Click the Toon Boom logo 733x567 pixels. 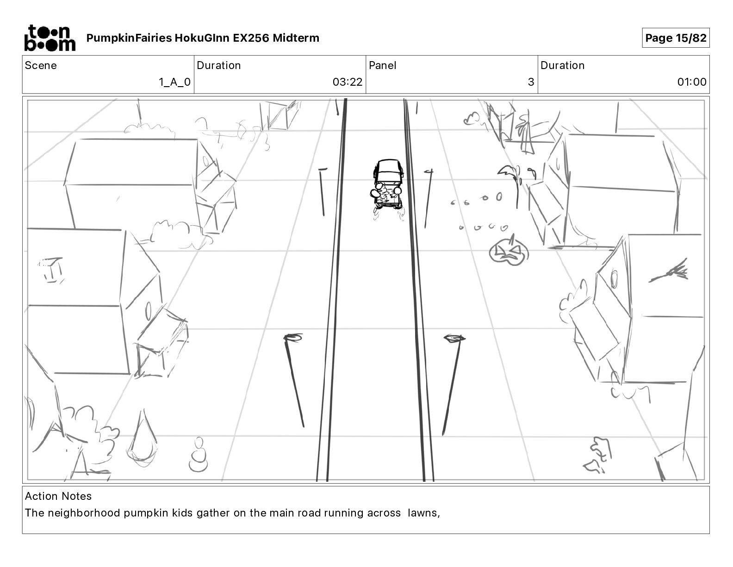click(x=50, y=38)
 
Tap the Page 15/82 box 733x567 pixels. click(x=676, y=38)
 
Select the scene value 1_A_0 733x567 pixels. click(x=174, y=82)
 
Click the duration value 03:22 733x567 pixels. click(x=347, y=82)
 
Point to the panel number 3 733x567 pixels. click(x=531, y=82)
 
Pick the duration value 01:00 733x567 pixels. click(x=691, y=82)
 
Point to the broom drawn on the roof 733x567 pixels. click(x=670, y=272)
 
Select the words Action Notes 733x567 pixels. click(x=58, y=496)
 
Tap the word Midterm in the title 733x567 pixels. click(x=296, y=38)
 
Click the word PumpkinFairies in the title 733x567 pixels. click(x=129, y=38)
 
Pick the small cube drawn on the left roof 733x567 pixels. click(x=52, y=270)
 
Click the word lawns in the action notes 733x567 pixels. click(x=422, y=513)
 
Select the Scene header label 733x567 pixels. click(x=41, y=65)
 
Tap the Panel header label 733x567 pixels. click(x=382, y=65)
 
